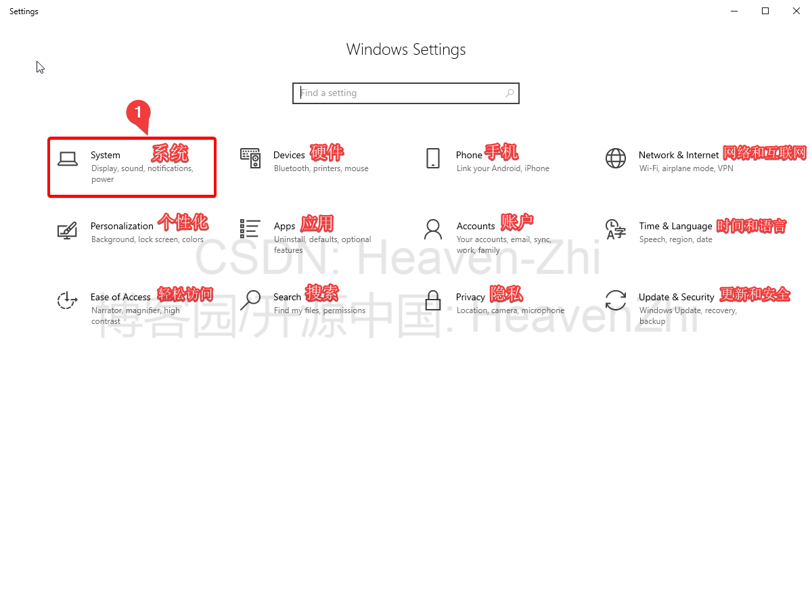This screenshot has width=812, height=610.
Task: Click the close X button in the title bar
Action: coord(796,11)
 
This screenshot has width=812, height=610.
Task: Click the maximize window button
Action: coord(765,11)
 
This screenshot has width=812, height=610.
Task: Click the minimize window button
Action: coord(734,11)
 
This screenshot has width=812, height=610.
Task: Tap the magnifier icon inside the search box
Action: coord(510,93)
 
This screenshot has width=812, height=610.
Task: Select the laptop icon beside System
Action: coord(67,159)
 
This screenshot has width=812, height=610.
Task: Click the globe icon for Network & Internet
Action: coord(615,158)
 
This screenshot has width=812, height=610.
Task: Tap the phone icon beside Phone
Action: coord(433,158)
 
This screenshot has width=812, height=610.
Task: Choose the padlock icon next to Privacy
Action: coord(433,300)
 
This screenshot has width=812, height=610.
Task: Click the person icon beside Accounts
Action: coord(433,229)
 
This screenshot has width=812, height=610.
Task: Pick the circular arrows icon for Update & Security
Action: coord(616,300)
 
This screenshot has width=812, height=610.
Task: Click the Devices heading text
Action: coord(289,155)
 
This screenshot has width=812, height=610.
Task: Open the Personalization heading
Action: coord(122,226)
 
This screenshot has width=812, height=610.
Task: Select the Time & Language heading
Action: coord(675,226)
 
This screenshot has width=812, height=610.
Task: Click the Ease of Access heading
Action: coord(120,297)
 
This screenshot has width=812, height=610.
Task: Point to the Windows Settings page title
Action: coord(406,49)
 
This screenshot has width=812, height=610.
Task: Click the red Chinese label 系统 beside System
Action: coord(170,153)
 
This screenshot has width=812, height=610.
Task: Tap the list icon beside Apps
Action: coord(250,229)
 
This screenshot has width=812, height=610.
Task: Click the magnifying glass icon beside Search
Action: coord(250,300)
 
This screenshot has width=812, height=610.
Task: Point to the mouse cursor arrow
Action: coord(40,67)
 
